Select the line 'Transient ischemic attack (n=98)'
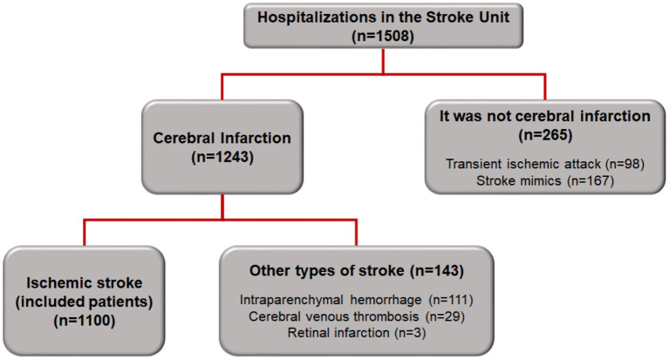(544, 163)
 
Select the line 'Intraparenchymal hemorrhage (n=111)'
(356, 299)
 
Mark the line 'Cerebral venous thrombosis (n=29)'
(356, 315)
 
